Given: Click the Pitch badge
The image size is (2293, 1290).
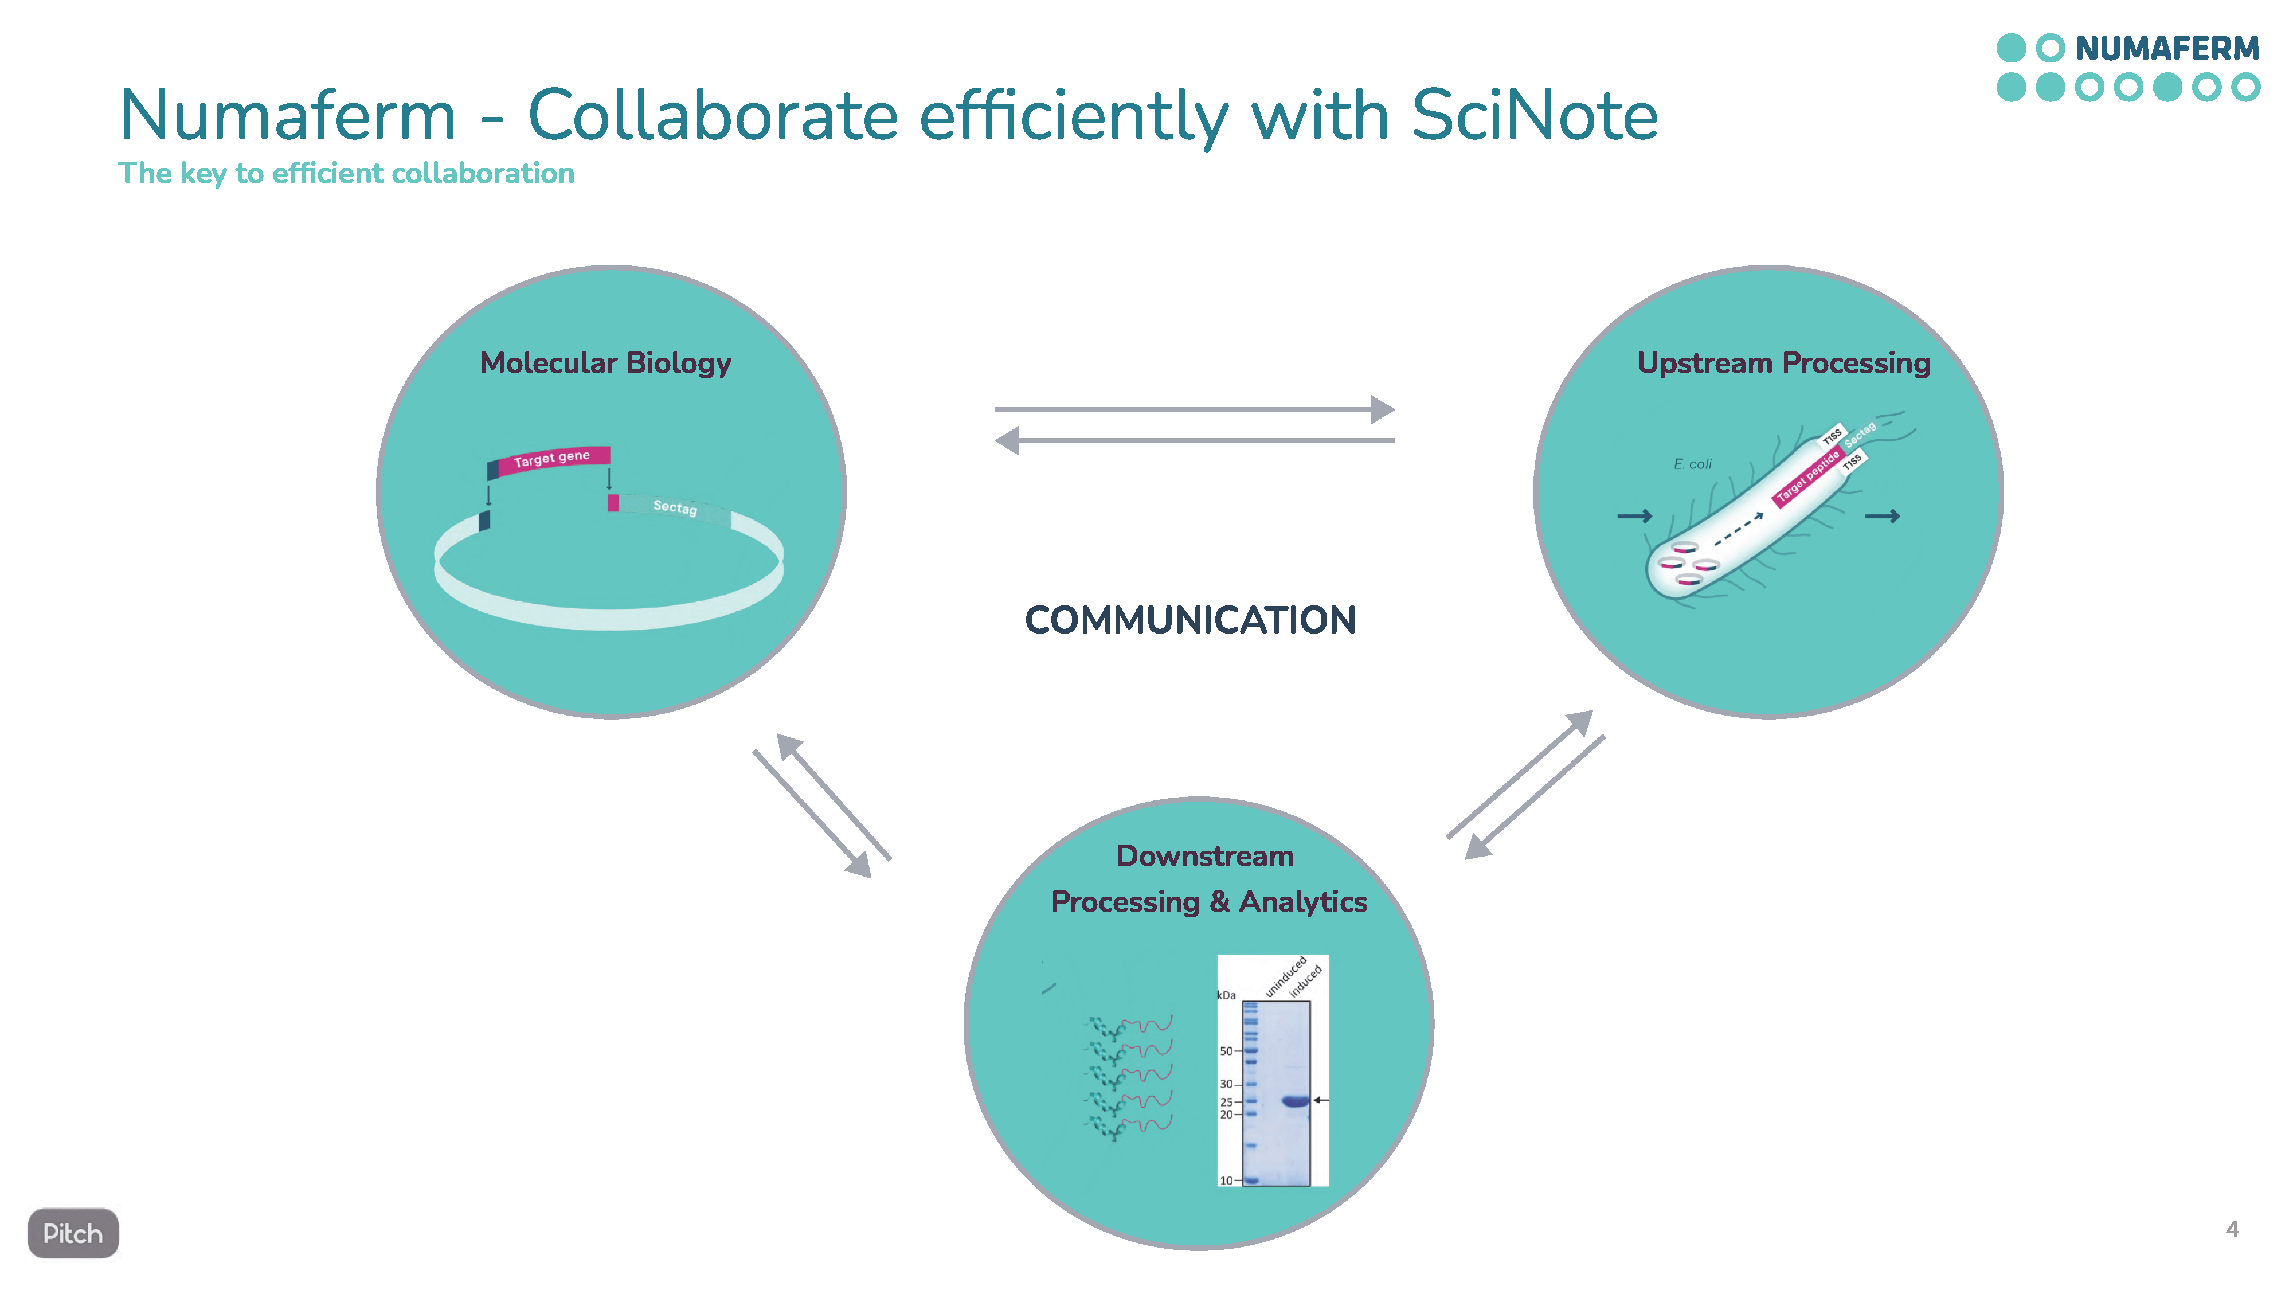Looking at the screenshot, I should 73,1233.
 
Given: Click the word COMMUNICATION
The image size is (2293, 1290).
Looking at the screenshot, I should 1190,620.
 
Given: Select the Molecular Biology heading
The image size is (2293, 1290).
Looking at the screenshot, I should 605,363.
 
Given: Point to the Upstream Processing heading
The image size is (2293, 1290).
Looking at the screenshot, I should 1784,363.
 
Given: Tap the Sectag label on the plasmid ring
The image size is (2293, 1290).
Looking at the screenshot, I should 675,507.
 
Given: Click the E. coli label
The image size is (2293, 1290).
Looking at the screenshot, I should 1692,464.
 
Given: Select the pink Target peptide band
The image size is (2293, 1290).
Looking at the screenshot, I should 1807,477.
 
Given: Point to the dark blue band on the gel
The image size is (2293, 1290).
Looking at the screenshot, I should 1295,1101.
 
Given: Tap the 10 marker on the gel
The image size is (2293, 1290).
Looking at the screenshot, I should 1226,1180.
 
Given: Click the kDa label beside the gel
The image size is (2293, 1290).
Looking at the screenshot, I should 1227,995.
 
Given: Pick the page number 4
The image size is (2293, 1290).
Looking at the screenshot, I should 2232,1229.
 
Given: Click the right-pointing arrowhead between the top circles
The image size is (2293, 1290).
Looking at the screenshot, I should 1382,409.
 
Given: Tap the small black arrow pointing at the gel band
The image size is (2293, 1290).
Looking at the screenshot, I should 1321,1100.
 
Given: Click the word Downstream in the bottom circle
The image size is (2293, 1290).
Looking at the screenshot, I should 1205,857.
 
